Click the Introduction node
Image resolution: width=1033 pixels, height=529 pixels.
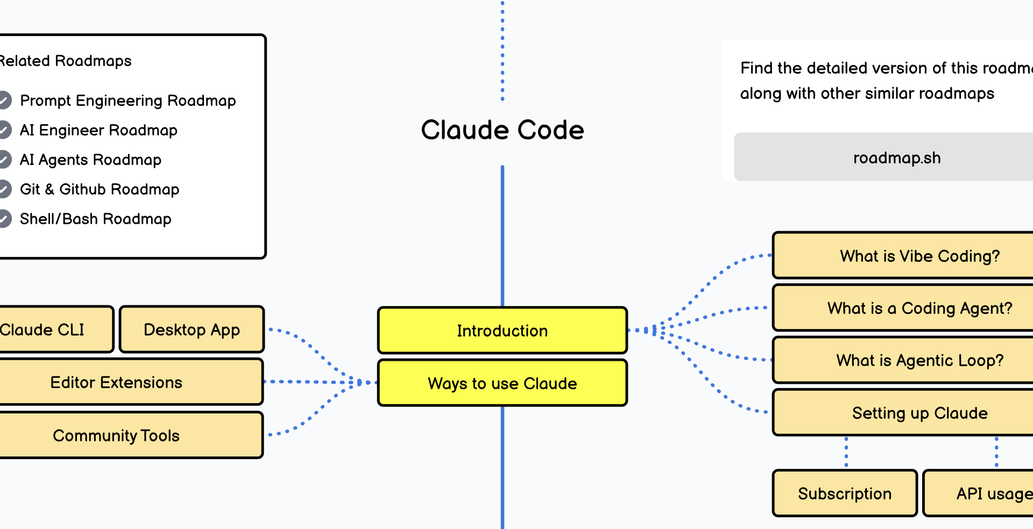(x=502, y=330)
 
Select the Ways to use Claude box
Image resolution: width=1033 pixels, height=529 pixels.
(x=502, y=383)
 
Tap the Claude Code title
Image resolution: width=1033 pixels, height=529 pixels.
(x=502, y=130)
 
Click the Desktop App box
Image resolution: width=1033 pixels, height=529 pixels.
(x=192, y=330)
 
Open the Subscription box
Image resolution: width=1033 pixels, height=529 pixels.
(x=845, y=494)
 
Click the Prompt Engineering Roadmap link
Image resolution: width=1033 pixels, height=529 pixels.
(x=128, y=101)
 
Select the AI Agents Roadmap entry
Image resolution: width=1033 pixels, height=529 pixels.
(x=90, y=160)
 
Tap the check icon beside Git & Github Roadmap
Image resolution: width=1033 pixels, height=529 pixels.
(x=5, y=189)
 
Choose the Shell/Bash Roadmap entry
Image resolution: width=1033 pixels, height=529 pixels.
(x=95, y=219)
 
